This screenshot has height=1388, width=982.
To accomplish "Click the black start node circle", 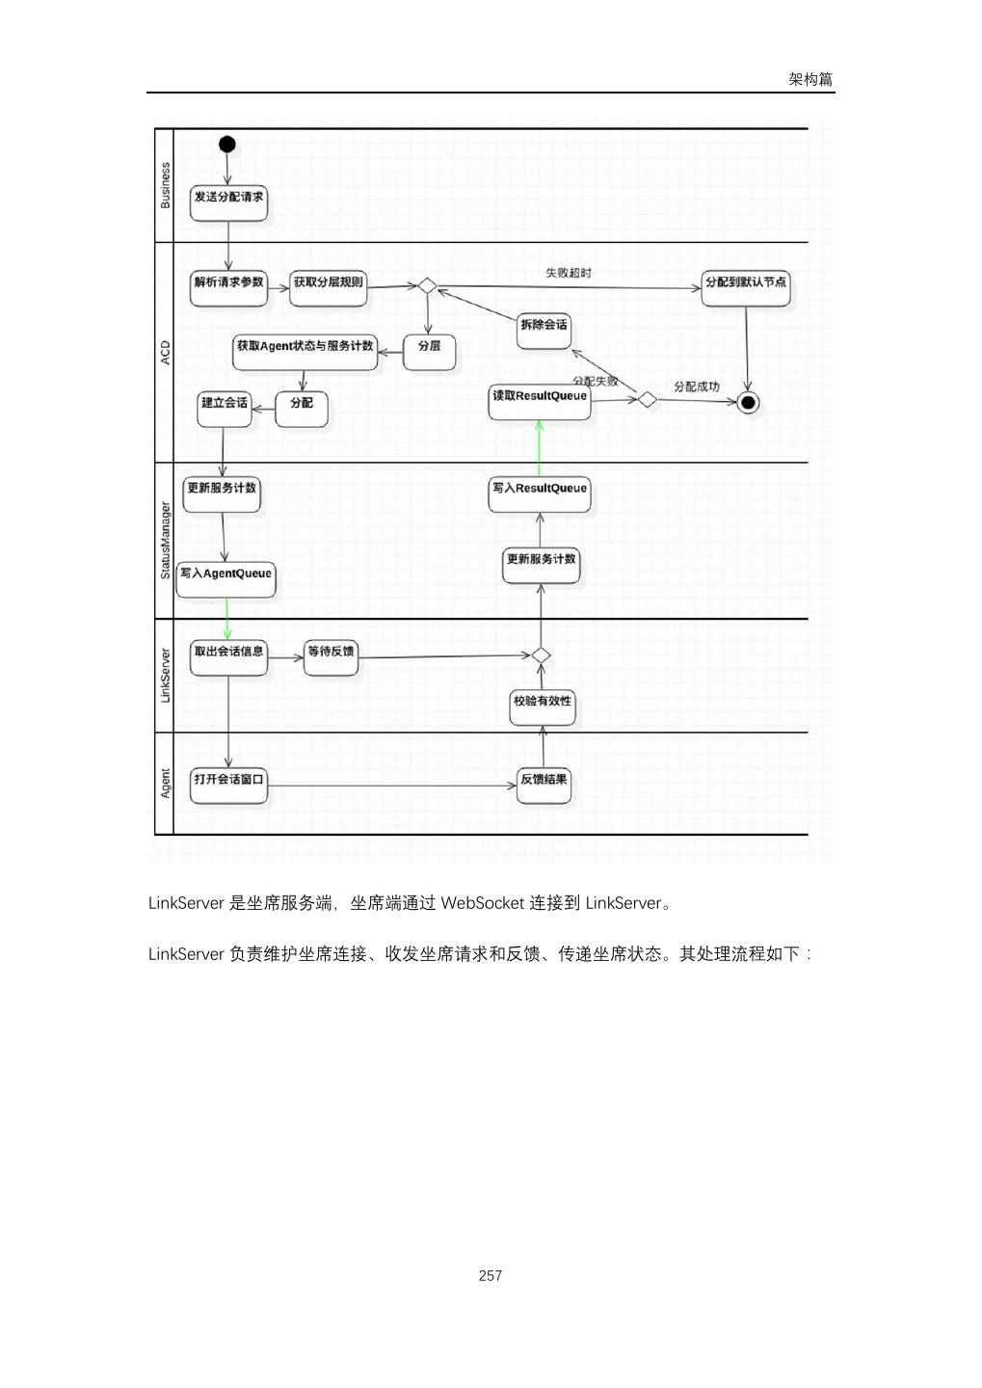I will click(x=227, y=145).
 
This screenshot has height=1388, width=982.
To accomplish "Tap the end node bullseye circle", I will click(x=748, y=402).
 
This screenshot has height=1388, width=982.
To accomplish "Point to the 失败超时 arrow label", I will click(x=569, y=273).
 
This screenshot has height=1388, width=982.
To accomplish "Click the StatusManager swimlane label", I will click(x=165, y=540).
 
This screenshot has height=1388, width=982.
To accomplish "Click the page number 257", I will click(x=490, y=1275).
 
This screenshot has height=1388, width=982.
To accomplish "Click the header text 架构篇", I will click(x=810, y=79).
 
